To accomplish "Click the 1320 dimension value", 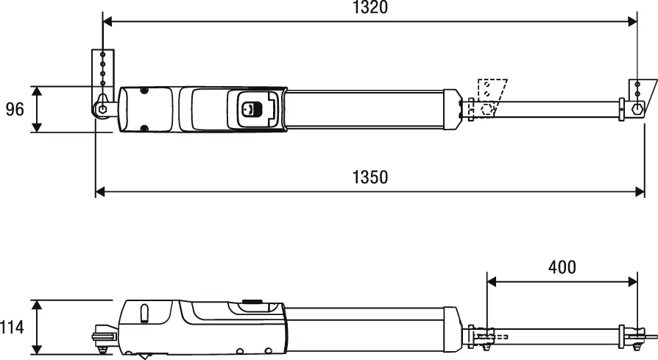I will coord(369,8).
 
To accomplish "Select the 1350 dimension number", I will coord(369,177).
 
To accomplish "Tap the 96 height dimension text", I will coord(15,110).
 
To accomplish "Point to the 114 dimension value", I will coord(12,327).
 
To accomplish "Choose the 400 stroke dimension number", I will coord(562,267).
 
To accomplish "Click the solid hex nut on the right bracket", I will coord(637,108).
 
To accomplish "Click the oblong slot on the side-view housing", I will coord(145,314).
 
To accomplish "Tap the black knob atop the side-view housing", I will coord(252,300).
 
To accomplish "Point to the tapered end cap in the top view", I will coord(453,109).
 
